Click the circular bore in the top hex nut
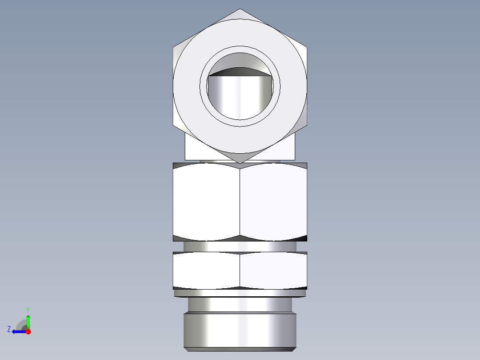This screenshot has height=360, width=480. pos(240,96)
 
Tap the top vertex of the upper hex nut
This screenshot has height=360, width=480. pos(240,9)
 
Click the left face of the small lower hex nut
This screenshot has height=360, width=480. pos(206,270)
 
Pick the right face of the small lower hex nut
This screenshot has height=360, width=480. pos(273,270)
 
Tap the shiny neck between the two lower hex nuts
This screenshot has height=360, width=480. pos(240,247)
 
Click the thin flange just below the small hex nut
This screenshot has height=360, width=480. pos(240,293)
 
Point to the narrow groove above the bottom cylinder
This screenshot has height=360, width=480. pos(240,305)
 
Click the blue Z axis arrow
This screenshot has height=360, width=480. pos(18,331)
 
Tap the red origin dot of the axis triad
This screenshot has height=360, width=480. pos(28,331)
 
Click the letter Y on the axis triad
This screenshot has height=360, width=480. pos(28,309)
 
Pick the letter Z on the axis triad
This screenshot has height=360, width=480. pos(9,329)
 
